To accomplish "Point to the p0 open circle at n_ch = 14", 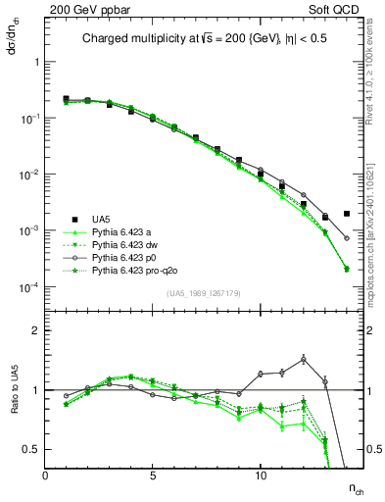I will tap(347, 238).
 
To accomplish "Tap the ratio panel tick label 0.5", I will tap(29, 449).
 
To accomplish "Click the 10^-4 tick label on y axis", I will tap(26, 287).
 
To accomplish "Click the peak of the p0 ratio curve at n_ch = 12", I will tap(304, 359).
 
